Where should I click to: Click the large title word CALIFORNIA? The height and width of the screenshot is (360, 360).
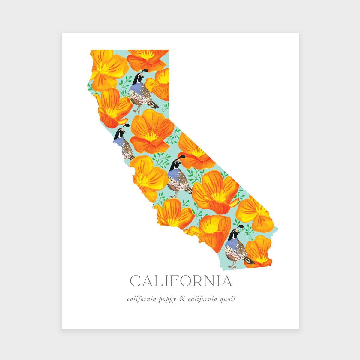(x=181, y=281)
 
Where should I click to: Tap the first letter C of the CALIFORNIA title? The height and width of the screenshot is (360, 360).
(x=136, y=281)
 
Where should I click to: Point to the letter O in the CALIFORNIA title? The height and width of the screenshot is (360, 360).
(x=185, y=281)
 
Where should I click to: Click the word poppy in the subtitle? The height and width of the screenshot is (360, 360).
(x=167, y=300)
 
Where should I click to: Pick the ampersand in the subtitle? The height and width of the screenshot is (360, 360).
(x=182, y=299)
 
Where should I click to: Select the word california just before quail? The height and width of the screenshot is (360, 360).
(x=202, y=299)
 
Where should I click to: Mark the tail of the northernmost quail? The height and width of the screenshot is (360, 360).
(x=154, y=104)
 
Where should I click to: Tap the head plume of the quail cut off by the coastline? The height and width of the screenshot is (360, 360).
(x=127, y=125)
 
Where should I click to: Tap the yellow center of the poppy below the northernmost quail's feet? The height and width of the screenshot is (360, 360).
(x=151, y=137)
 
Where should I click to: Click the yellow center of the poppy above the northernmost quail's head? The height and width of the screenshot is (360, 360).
(x=147, y=55)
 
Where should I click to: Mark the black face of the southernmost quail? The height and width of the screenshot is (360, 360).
(x=231, y=236)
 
